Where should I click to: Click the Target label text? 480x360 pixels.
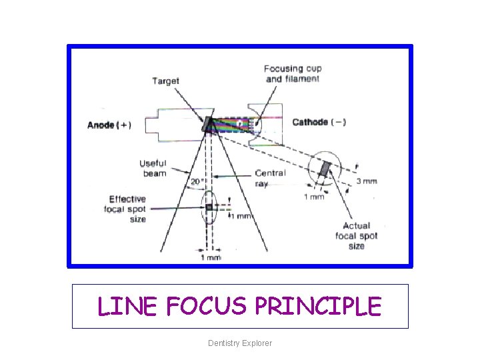[165, 81]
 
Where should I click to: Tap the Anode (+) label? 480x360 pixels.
[109, 125]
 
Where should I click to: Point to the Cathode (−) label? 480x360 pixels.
[319, 122]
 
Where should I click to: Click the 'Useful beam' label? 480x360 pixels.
[153, 168]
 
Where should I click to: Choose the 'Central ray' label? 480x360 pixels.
[270, 177]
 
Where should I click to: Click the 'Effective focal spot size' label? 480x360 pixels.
[127, 209]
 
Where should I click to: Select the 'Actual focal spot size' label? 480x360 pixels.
[356, 235]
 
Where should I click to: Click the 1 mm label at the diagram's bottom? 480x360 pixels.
[211, 257]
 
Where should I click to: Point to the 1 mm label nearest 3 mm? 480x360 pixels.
[314, 196]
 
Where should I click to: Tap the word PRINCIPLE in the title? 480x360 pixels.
[319, 307]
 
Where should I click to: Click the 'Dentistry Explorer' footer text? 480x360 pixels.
[240, 343]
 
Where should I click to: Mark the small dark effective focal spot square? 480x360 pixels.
[209, 207]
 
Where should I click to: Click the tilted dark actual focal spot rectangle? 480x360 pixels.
[325, 169]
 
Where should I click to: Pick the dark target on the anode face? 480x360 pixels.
[208, 124]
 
